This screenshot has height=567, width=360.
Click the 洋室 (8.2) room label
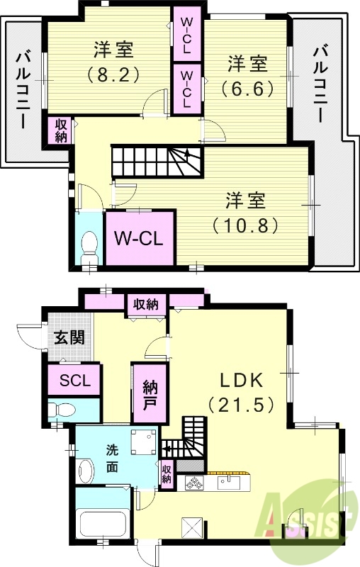pos(112,62)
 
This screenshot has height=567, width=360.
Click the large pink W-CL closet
pos(140,237)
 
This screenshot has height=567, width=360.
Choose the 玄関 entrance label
pos(68,337)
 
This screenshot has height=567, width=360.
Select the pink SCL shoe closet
pos(74,381)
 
